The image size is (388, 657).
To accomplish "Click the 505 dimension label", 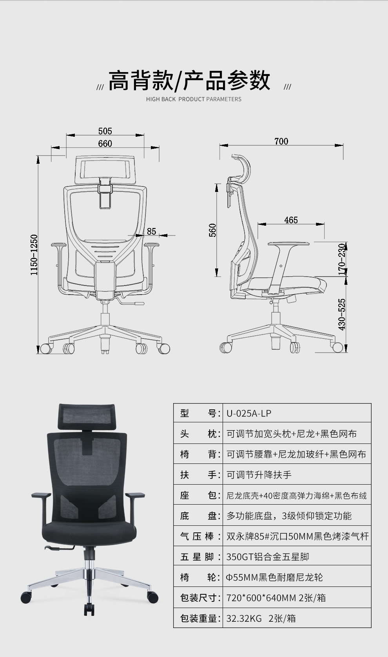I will pyautogui.click(x=105, y=131).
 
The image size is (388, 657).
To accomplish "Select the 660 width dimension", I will pyautogui.click(x=105, y=143).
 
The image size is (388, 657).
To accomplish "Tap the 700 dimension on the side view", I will pyautogui.click(x=281, y=141).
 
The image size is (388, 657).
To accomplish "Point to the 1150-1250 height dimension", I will pyautogui.click(x=34, y=255).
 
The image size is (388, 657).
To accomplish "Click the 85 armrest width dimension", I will pyautogui.click(x=152, y=231).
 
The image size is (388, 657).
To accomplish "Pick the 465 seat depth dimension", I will pyautogui.click(x=291, y=220).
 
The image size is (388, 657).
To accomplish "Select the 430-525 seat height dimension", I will pyautogui.click(x=342, y=314).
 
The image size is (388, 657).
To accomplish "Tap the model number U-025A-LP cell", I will pyautogui.click(x=249, y=413).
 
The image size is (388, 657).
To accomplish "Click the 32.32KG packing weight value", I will pyautogui.click(x=244, y=619).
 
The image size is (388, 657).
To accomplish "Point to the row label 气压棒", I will pyautogui.click(x=198, y=536).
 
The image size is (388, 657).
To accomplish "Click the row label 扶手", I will pyautogui.click(x=198, y=475).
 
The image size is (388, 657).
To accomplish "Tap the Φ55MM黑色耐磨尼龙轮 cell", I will pyautogui.click(x=274, y=577).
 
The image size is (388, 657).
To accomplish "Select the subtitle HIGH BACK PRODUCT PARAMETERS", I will pyautogui.click(x=194, y=99).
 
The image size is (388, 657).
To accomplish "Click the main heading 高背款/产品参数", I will pyautogui.click(x=189, y=80).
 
